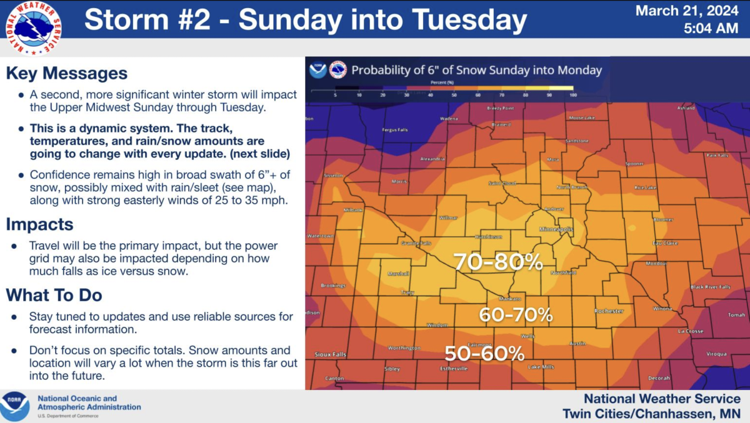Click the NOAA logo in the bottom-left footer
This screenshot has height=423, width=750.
point(15,407)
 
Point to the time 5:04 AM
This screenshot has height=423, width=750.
point(711,28)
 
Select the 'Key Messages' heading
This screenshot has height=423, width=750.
point(67,73)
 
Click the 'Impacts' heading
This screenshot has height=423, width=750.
point(40,224)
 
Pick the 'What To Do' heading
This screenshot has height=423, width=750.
point(54,295)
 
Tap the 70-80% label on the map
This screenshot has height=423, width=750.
point(497,262)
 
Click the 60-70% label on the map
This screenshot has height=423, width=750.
point(516,315)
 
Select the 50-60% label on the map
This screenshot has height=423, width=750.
point(484,354)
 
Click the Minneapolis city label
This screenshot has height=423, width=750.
point(556,230)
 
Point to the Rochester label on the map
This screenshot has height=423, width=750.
point(609,311)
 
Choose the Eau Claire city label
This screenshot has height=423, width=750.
point(665,243)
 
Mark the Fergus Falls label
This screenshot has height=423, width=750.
point(394,130)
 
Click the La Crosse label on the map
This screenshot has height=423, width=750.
point(691,331)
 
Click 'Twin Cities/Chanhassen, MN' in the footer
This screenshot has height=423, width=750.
point(651,413)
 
